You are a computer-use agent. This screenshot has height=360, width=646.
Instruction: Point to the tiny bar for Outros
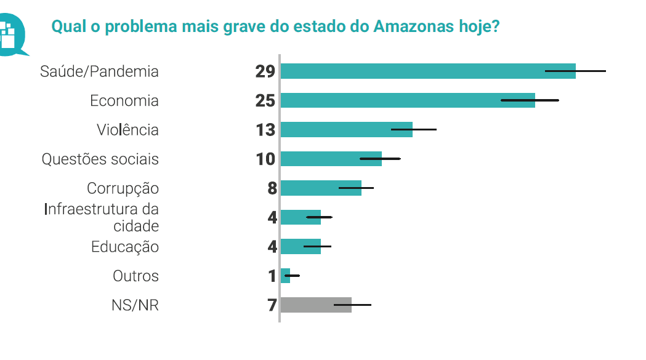[285, 276]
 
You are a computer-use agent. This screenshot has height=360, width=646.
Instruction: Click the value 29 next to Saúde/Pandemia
[265, 71]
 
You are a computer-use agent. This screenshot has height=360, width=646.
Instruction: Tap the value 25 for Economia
[265, 100]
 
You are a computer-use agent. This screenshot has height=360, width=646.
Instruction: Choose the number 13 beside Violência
[265, 130]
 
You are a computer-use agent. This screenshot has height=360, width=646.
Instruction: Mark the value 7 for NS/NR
[272, 305]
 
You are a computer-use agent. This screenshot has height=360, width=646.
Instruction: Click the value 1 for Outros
[272, 276]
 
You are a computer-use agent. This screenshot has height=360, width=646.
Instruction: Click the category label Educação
[125, 247]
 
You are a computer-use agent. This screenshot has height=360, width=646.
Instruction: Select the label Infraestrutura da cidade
[102, 217]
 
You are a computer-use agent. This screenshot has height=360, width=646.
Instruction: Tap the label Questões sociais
[100, 159]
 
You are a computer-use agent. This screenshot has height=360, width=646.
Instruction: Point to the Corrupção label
[123, 188]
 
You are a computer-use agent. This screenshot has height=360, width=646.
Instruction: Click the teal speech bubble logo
[11, 34]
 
